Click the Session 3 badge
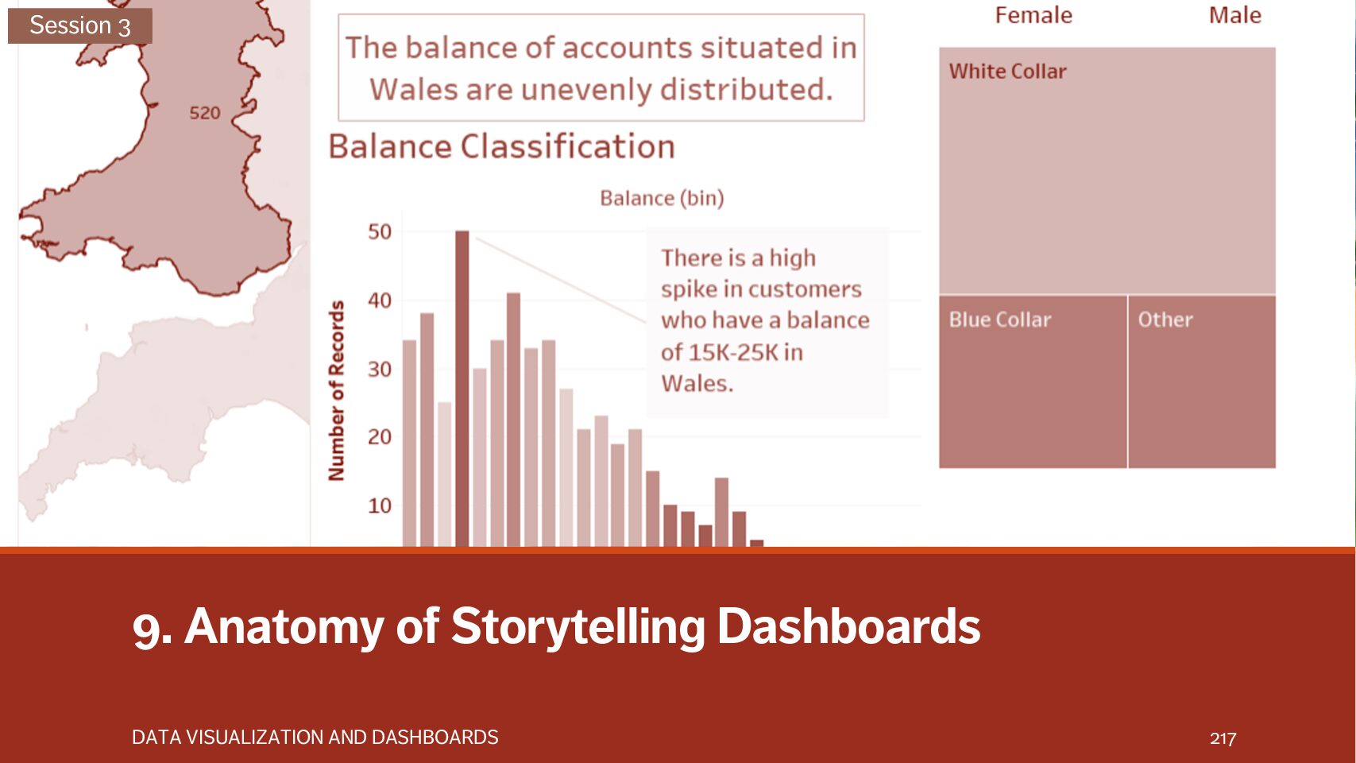coord(79,25)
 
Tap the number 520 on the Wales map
coord(204,113)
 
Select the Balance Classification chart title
coord(501,147)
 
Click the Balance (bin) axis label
coord(662,198)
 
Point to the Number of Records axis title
coord(337,390)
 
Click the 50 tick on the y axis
coord(380,232)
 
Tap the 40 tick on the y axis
coord(380,300)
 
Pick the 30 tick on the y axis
coord(380,369)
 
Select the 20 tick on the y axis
coord(380,437)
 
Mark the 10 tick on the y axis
coord(380,505)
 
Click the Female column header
coord(1033,15)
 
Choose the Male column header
coord(1234,15)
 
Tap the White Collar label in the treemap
coord(1007,72)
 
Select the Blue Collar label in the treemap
coord(999,320)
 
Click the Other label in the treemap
coord(1165,320)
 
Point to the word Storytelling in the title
coord(578,626)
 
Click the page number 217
coord(1223,738)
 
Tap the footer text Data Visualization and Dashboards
coord(315,738)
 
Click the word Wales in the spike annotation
coord(697,384)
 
